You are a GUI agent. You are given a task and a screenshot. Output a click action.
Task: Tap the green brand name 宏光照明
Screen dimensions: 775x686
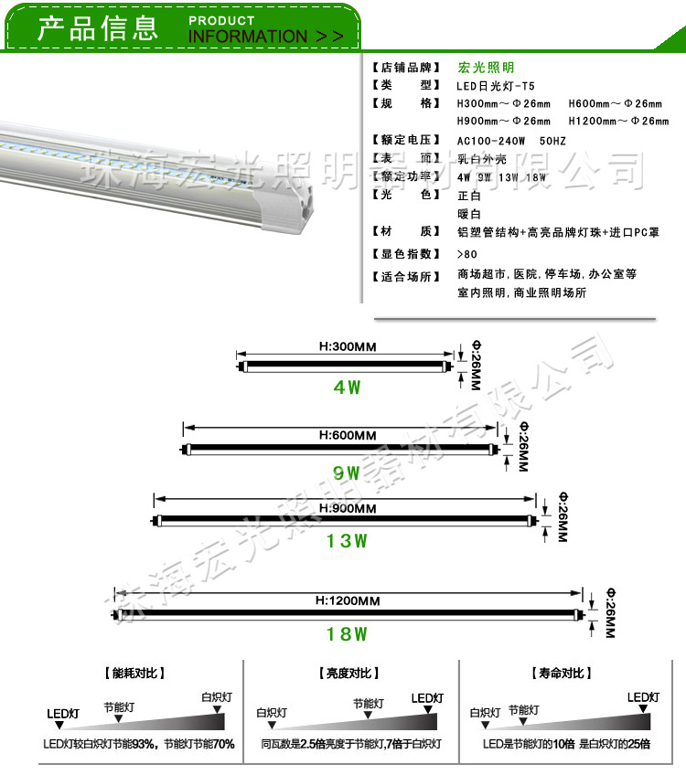point(486,68)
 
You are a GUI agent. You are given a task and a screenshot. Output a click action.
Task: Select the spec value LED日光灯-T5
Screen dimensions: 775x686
point(496,86)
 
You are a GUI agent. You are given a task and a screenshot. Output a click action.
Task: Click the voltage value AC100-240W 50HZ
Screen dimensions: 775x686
point(511,141)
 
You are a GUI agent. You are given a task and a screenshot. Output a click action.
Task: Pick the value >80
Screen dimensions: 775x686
point(466,254)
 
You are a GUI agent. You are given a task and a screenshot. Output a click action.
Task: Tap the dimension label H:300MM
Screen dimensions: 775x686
point(348,347)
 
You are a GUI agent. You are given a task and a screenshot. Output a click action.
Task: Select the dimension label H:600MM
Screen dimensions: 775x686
point(348,435)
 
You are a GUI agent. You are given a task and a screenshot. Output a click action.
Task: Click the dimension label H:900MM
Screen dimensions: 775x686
point(348,508)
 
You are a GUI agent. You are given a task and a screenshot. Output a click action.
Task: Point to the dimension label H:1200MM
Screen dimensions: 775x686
point(348,600)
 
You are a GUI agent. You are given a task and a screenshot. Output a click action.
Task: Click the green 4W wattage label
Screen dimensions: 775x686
point(348,387)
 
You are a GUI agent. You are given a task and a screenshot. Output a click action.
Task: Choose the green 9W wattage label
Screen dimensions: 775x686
point(348,473)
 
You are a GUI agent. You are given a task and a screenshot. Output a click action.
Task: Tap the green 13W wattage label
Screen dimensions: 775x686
point(348,541)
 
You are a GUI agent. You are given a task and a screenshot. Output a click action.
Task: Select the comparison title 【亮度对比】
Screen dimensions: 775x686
point(350,674)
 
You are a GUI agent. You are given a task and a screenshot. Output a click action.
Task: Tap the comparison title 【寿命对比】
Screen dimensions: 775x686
point(560,674)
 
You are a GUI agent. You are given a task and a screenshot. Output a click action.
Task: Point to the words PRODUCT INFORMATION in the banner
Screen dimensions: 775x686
point(265,29)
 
